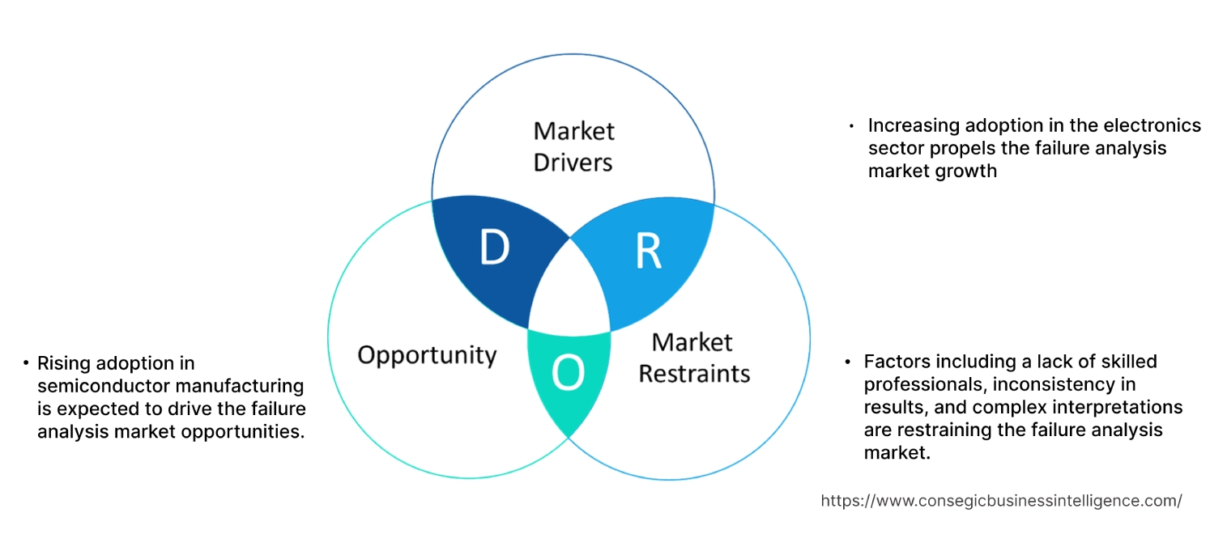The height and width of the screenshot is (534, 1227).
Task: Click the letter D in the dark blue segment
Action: [493, 248]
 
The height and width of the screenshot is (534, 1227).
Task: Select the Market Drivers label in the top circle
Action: [573, 146]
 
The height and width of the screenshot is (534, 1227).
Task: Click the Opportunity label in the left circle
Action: [427, 354]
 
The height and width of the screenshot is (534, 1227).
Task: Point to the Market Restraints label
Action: [694, 358]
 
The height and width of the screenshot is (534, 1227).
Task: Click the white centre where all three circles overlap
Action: [569, 293]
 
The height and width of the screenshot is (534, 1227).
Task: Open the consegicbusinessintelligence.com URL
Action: [1001, 501]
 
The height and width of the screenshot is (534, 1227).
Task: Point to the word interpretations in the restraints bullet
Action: [1127, 406]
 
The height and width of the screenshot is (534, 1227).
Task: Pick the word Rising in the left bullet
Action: [62, 363]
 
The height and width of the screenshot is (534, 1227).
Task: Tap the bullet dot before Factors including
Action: [847, 361]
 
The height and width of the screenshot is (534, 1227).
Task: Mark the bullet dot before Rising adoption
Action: [26, 363]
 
